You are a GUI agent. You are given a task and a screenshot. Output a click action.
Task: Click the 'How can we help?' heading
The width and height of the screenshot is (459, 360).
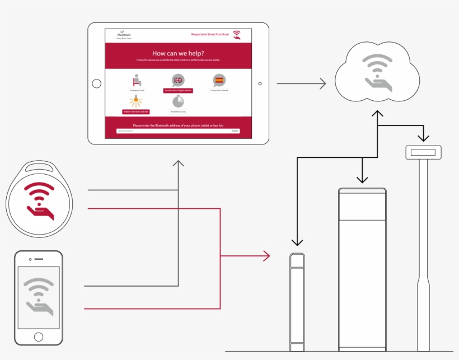[x=178, y=53]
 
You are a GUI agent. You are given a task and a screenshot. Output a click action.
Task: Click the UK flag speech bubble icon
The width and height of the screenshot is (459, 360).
[x=178, y=80]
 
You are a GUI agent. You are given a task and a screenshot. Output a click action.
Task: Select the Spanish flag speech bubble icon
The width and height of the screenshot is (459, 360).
[x=219, y=80]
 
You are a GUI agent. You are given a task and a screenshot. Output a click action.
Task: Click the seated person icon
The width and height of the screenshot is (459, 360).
[x=137, y=80]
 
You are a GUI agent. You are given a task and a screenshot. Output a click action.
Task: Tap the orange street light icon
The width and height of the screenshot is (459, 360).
[x=135, y=101]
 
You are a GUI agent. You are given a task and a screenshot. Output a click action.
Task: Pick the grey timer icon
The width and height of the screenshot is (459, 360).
[x=178, y=101]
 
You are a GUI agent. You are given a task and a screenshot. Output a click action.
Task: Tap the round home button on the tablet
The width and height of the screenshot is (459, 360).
[x=96, y=83]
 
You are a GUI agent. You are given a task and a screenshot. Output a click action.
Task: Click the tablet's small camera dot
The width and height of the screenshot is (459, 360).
[x=260, y=83]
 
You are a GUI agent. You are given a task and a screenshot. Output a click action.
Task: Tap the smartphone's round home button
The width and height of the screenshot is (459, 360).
[x=38, y=336]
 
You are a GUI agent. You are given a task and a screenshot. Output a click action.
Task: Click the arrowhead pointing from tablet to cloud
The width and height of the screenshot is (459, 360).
[x=322, y=83]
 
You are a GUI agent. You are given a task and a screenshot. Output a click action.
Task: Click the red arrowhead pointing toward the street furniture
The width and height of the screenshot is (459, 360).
[x=267, y=256]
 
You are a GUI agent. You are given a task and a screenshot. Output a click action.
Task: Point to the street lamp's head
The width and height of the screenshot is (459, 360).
[x=423, y=152]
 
